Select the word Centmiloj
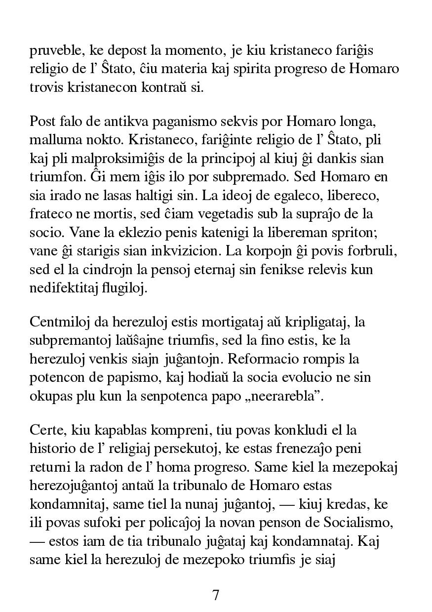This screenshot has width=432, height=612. [58, 322]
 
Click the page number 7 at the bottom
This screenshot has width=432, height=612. [216, 595]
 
